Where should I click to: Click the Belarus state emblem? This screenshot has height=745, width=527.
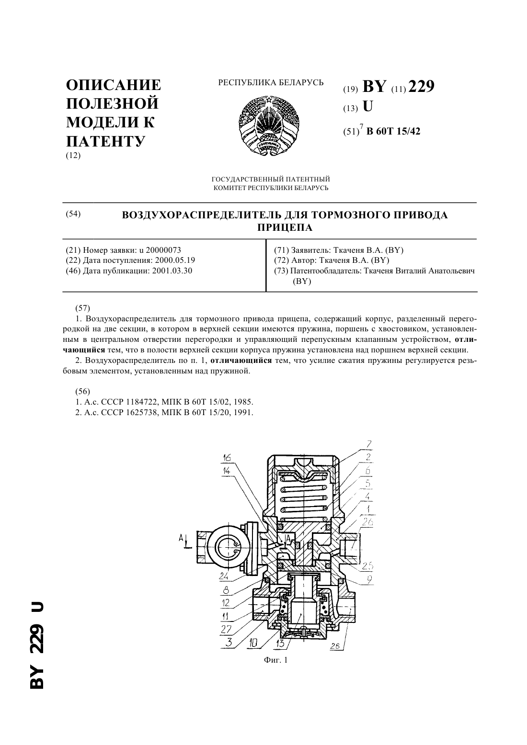coord(270,125)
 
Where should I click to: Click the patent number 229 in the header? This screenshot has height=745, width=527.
coord(421,87)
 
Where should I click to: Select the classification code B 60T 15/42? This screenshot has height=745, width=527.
coord(393,131)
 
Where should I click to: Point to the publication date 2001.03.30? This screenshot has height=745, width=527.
coord(172,271)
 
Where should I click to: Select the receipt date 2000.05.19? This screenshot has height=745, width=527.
coord(175,260)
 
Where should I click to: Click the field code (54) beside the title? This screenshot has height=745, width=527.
coord(73,214)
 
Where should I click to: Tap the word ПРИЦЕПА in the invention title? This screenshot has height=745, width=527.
coord(285,227)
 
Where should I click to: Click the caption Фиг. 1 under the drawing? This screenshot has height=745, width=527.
coord(275,659)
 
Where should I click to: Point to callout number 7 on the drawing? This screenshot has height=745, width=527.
coord(368,444)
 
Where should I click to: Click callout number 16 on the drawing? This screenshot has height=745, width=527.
coord(227,458)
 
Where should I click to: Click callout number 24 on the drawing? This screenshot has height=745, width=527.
coord(224,576)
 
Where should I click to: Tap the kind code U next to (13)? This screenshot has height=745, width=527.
coord(367,106)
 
